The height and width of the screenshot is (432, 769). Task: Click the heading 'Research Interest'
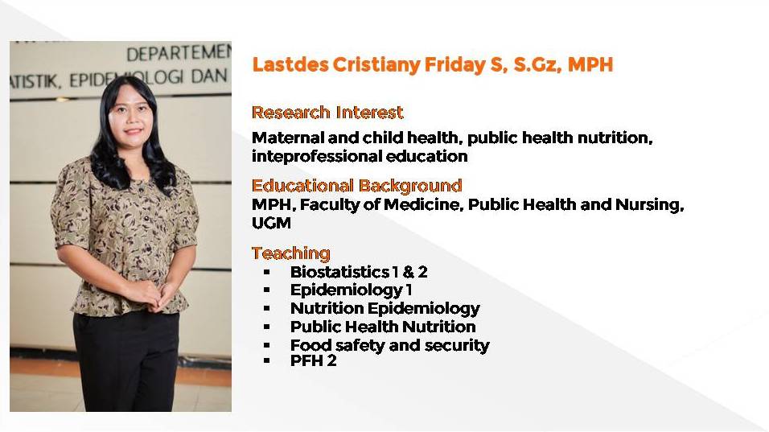pos(327,113)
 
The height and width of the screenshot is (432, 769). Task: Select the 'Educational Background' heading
pos(356,185)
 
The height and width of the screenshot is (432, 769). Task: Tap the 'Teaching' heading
pos(291,253)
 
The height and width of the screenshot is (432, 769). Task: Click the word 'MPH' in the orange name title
pos(590,64)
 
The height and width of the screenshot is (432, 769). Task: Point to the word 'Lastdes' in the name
pos(290,64)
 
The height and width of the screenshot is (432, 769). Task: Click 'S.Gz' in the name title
pos(537,64)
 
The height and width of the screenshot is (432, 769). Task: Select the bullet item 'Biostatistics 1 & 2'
pos(359,272)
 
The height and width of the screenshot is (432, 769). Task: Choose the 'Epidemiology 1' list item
pos(351,290)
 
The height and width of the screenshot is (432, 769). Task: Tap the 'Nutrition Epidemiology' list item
pos(385,308)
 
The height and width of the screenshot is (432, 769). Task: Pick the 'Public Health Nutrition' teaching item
pos(383,327)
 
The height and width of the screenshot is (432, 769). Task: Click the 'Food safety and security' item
pos(390,345)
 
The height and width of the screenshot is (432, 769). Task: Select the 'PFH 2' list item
pos(314,361)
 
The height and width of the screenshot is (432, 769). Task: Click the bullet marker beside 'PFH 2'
pos(267,361)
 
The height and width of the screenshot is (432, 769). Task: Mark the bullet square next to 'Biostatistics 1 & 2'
pos(267,272)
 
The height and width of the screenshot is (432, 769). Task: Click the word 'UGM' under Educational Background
pos(271,223)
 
